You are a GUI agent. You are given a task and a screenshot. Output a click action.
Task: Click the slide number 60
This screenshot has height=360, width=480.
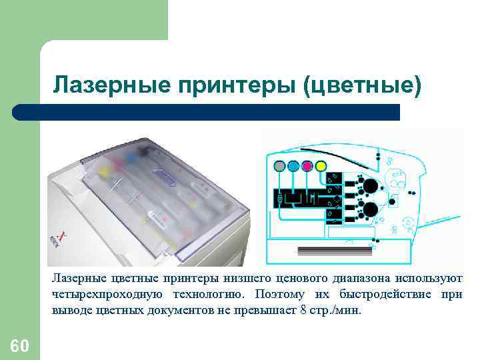click(20, 345)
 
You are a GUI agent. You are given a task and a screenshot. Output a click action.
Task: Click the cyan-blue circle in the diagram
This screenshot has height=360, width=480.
click(293, 165)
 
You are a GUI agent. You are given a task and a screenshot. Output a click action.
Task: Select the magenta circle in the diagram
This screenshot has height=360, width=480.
click(307, 165)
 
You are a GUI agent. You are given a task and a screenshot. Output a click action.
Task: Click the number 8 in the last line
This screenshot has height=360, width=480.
click(304, 310)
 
